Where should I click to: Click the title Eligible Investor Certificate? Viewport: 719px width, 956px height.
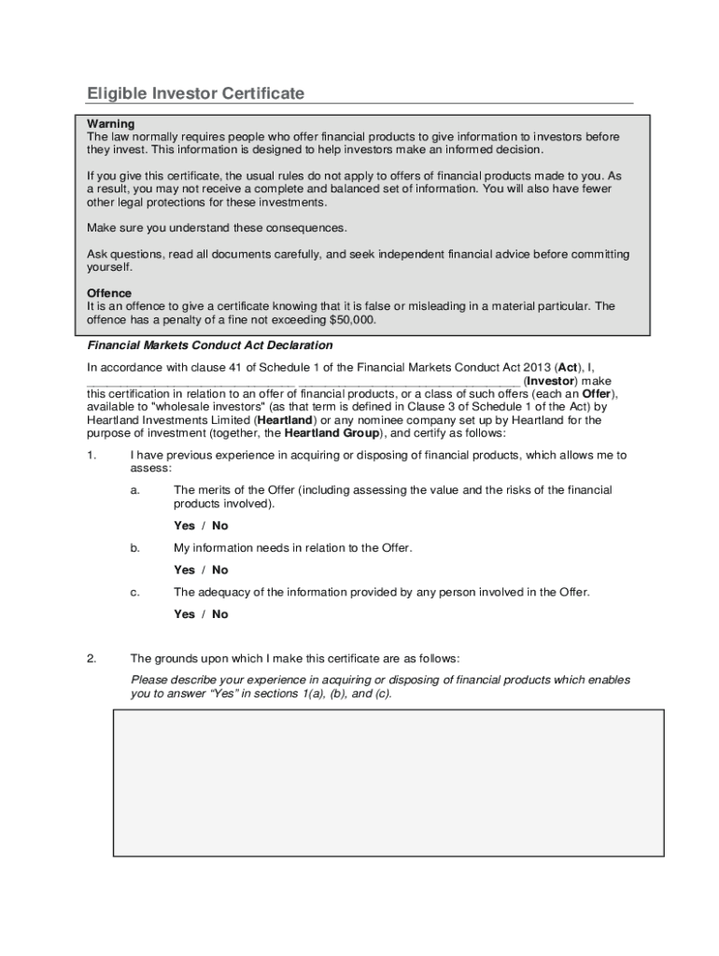coord(195,93)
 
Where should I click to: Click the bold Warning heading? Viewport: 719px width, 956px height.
coord(111,124)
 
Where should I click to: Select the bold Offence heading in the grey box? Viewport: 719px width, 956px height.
coord(109,293)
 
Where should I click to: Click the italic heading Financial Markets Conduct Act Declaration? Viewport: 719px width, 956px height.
coord(209,345)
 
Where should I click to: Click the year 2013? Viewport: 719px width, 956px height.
coord(535,367)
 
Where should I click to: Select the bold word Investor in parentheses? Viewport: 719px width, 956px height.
coord(552,381)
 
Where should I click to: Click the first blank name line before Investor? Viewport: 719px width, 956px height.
coord(190,381)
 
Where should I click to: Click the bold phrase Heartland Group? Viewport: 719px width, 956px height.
coord(331,433)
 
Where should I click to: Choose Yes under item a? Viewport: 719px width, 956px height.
coord(184,526)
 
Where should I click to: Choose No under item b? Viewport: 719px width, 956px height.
coord(219,569)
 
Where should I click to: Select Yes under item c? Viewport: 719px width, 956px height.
coord(184,614)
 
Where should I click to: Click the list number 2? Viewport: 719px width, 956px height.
coord(92,658)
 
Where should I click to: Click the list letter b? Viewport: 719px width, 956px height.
coord(135,548)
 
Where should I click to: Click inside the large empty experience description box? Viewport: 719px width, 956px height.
coord(388,782)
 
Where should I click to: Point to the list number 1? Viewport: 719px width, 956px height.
coord(92,456)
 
